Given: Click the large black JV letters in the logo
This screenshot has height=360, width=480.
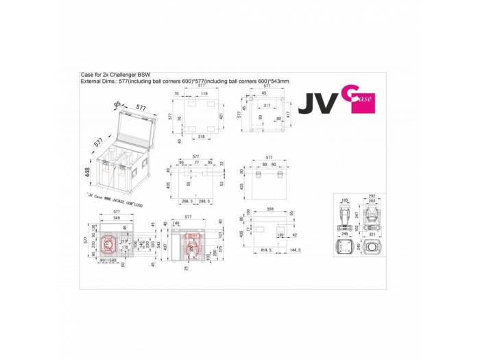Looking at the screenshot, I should pos(316,105).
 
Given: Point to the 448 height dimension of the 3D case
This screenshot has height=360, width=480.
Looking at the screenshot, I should pos(88,172).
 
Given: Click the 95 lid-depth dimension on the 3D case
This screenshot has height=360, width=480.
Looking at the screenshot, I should pos(117,104).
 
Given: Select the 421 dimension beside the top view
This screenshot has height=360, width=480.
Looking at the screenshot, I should pos(223,117).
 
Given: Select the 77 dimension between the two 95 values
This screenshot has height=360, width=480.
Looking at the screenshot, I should pos(195,163).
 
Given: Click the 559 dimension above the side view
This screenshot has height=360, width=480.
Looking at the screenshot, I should pos(270,208).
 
